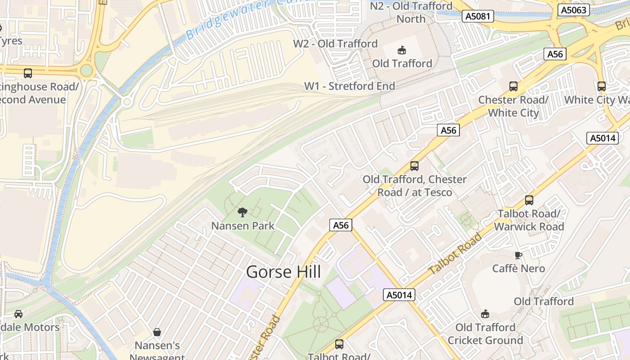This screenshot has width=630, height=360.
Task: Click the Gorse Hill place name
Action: point(283,272)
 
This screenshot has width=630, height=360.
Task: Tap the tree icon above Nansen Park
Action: point(243,212)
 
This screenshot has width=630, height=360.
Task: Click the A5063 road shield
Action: point(573,10)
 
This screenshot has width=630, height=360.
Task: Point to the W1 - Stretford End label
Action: point(350,86)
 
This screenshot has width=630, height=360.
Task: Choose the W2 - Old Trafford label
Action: point(335,44)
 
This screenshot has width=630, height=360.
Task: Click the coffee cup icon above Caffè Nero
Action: point(518,255)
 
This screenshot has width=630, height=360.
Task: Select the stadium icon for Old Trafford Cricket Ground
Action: point(485,314)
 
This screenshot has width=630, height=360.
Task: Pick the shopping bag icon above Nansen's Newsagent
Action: point(157,332)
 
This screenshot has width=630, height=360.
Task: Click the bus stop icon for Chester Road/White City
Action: point(513,86)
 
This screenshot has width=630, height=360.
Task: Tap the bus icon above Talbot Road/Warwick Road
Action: point(529,200)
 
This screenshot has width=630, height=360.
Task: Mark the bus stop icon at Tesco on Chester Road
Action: point(414,166)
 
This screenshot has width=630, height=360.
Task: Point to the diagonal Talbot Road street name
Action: point(454,254)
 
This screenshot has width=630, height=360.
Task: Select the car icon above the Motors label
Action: point(18,314)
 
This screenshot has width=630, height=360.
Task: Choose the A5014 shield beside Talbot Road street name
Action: point(399,295)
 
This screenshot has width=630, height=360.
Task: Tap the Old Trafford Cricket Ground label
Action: point(485,333)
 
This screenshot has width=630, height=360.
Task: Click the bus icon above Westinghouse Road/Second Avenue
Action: point(28,73)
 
